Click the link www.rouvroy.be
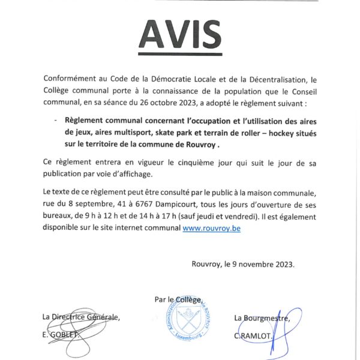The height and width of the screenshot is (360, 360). point(211,229)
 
